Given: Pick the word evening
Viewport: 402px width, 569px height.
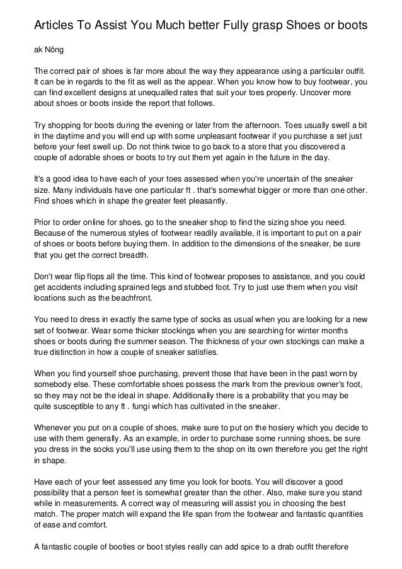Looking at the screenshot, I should click(x=161, y=126).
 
